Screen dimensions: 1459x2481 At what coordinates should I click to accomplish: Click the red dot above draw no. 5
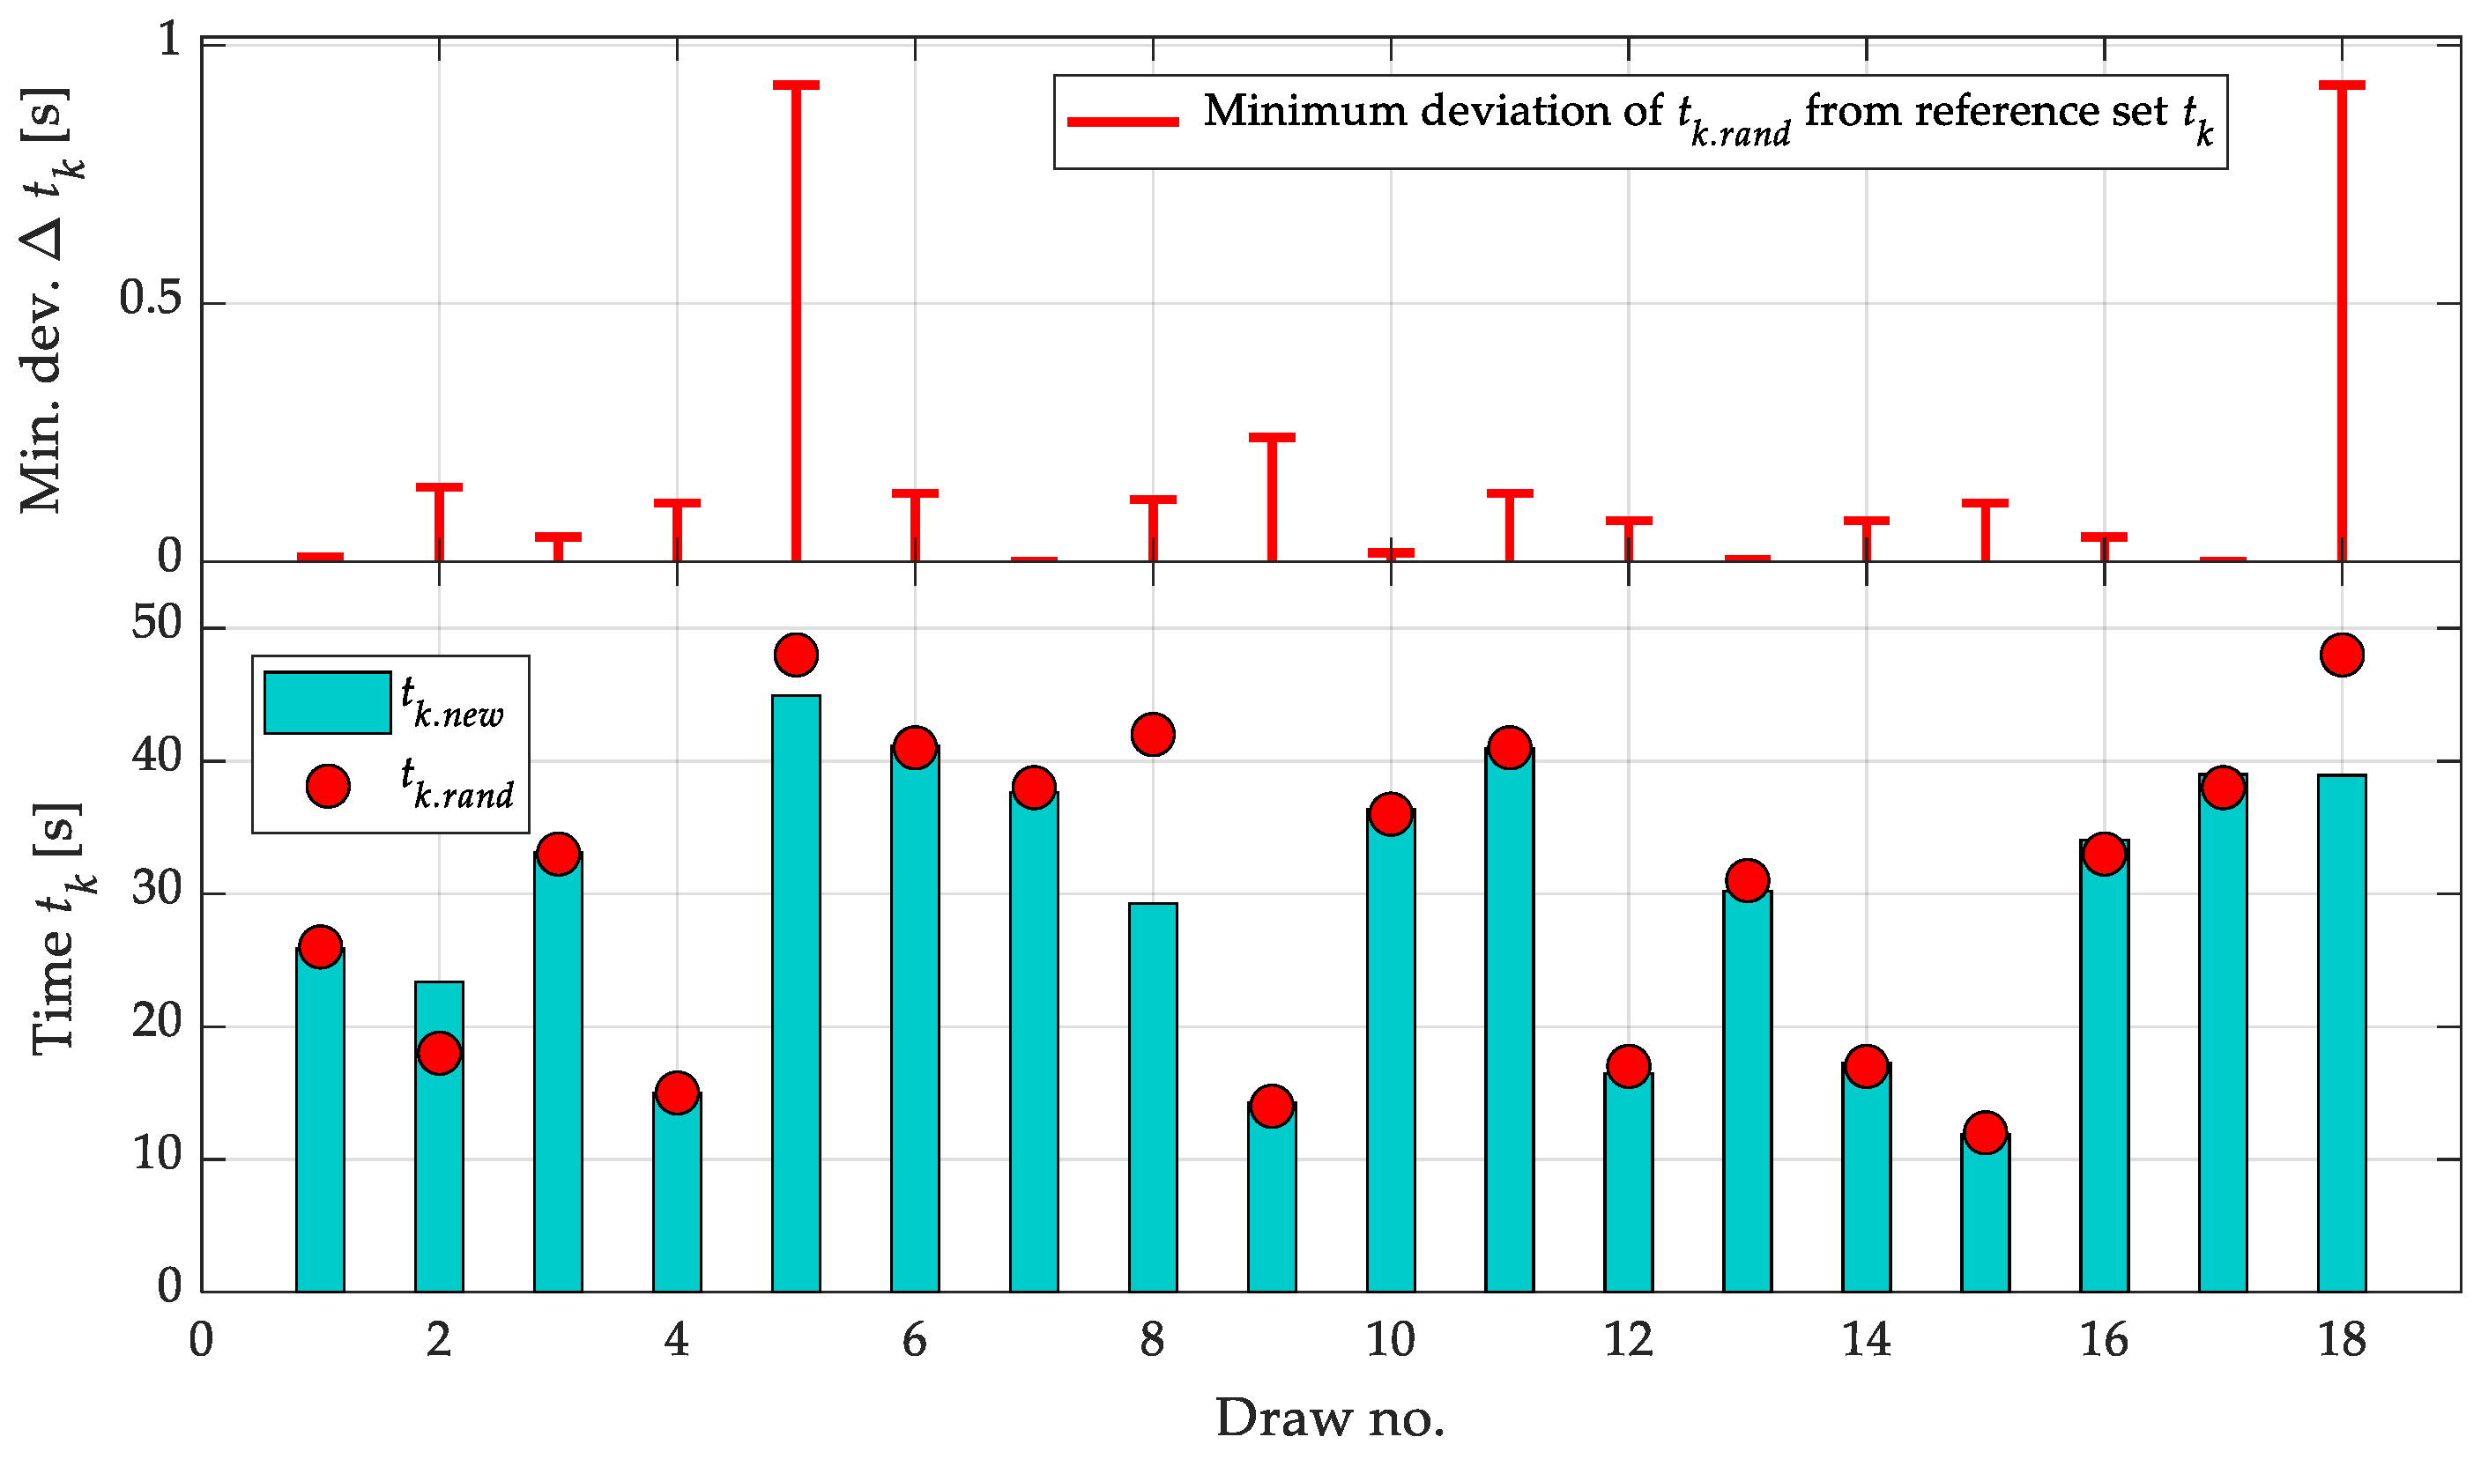[796, 655]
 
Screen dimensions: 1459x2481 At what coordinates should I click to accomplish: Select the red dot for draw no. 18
[2341, 655]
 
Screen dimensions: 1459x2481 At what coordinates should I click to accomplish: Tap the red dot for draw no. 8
[1153, 735]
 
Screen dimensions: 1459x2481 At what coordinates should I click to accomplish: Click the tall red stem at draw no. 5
[796, 325]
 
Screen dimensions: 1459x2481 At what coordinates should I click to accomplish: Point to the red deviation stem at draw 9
[1272, 497]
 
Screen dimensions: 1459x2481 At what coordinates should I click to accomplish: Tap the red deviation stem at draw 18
[2341, 325]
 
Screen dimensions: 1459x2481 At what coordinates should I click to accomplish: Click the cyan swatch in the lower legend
[328, 703]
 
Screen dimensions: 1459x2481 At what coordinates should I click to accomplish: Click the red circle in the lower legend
[328, 786]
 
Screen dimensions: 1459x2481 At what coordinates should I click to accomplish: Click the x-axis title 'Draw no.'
[1329, 1418]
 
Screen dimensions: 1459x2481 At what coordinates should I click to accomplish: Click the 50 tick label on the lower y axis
[158, 624]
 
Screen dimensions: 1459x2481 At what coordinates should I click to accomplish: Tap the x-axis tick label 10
[1390, 1341]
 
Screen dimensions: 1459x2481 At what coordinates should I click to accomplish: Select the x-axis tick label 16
[2104, 1341]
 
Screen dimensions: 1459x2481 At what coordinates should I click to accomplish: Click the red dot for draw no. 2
[439, 1054]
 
